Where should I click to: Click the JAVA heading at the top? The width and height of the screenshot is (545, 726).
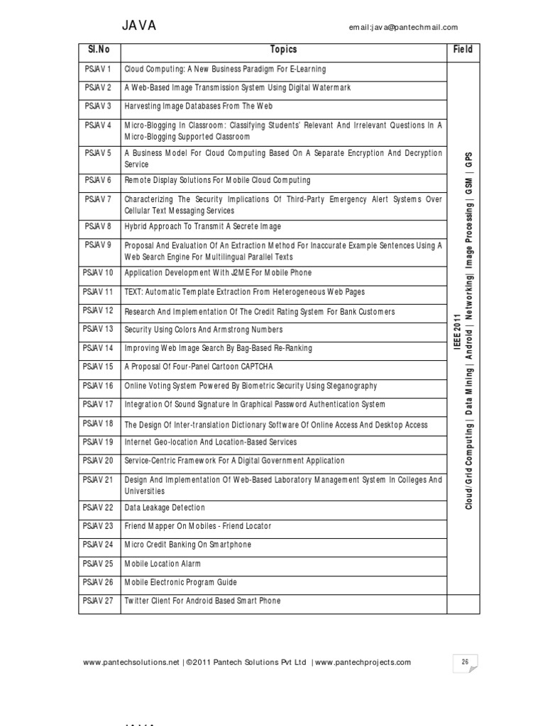tap(139, 26)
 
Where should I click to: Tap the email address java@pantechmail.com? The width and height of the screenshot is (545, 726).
tap(402, 28)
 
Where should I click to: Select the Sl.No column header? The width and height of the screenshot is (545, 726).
tap(99, 50)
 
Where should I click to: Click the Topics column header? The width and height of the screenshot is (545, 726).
tap(283, 50)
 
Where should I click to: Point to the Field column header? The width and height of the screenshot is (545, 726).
tap(462, 50)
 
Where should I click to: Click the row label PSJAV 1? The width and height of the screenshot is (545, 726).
tap(99, 69)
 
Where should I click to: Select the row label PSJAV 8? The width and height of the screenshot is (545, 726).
tap(99, 226)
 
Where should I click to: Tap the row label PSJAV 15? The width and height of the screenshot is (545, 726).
tap(99, 367)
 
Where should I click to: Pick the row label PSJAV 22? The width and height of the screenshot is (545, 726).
tap(99, 507)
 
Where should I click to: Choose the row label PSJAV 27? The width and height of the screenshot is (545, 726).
tap(99, 600)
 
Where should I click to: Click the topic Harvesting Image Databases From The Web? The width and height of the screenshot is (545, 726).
tap(199, 106)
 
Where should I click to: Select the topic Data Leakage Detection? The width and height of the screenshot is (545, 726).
tap(165, 508)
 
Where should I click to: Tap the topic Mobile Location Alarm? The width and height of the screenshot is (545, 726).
tap(163, 564)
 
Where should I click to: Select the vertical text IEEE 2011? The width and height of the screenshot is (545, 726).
tap(457, 329)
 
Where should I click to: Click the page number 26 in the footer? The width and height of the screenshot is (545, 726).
tap(466, 661)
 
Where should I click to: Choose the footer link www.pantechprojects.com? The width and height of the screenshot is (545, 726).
tap(363, 662)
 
